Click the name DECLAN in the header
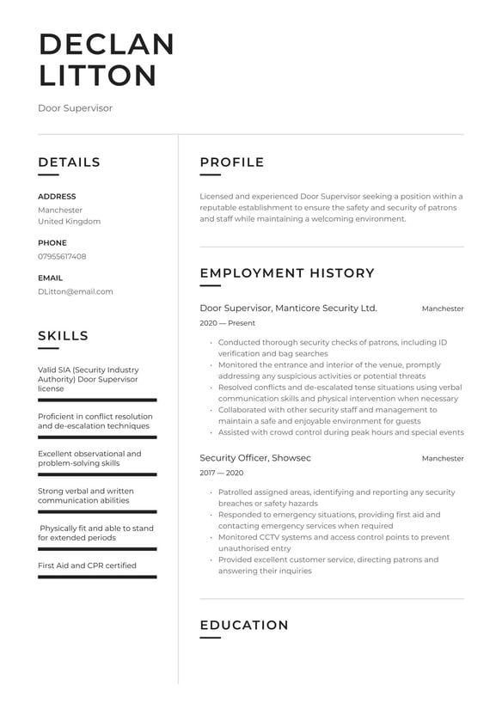(x=107, y=44)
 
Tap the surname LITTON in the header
(x=98, y=76)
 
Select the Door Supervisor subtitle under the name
(x=75, y=108)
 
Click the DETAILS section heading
(x=69, y=162)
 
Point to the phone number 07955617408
(x=62, y=256)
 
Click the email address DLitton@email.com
(x=76, y=291)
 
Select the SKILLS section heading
(x=63, y=336)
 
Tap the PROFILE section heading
(x=232, y=162)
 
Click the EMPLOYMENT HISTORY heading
(x=287, y=273)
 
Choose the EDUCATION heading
(x=244, y=626)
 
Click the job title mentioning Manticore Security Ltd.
(x=288, y=308)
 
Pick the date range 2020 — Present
(x=227, y=323)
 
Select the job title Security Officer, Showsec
(x=255, y=458)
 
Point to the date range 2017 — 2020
(x=221, y=474)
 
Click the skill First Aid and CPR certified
(x=87, y=565)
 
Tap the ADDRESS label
(x=57, y=196)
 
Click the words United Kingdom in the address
(x=69, y=221)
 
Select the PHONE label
(x=52, y=243)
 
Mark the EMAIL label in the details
(x=50, y=278)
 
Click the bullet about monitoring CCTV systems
(x=334, y=542)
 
